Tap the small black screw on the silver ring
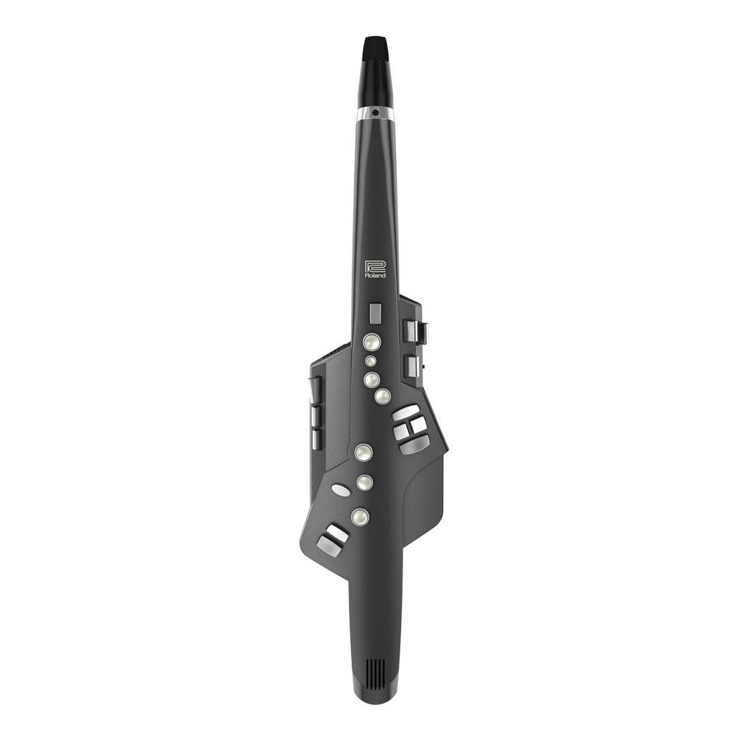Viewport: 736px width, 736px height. point(375,113)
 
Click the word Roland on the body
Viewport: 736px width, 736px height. point(375,275)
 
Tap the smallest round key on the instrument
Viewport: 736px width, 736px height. point(371,361)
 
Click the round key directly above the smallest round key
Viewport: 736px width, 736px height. point(372,342)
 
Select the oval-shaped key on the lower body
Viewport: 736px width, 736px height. point(341,489)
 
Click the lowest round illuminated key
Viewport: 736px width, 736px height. point(360,516)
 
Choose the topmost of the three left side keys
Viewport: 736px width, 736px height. point(316,390)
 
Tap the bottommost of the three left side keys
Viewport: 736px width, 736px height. point(316,439)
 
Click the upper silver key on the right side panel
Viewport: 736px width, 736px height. point(411,330)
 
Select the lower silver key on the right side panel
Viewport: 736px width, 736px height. point(411,366)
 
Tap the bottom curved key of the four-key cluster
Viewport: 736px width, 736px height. point(415,445)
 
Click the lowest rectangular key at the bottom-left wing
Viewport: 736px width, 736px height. point(329,546)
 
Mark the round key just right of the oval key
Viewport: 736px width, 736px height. point(364,483)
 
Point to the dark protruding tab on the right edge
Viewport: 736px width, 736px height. point(422,332)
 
